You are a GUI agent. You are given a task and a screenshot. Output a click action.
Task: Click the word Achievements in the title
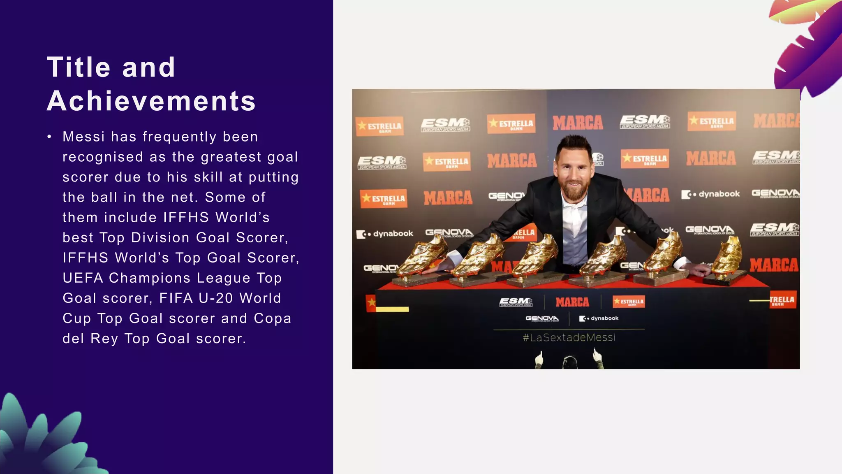point(151,101)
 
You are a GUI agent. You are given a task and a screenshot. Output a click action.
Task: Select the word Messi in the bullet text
point(83,137)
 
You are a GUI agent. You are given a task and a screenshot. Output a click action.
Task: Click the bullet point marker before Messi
point(49,137)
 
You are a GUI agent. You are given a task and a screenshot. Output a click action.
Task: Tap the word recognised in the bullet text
point(103,157)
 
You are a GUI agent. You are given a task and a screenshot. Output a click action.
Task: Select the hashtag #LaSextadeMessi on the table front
point(569,337)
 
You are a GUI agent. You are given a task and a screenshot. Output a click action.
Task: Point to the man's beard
point(574,191)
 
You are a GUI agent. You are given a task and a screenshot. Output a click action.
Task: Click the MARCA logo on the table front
point(572,302)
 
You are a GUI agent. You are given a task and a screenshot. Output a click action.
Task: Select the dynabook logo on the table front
point(599,318)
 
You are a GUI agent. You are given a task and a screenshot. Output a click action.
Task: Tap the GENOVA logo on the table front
point(542,318)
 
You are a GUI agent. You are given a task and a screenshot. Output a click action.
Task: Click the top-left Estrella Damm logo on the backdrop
point(379,126)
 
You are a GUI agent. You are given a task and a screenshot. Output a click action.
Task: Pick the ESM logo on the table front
point(516,302)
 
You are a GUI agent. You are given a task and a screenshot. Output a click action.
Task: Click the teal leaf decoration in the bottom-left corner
point(41,440)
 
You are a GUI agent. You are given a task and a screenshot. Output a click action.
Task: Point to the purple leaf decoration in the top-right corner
point(806,49)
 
